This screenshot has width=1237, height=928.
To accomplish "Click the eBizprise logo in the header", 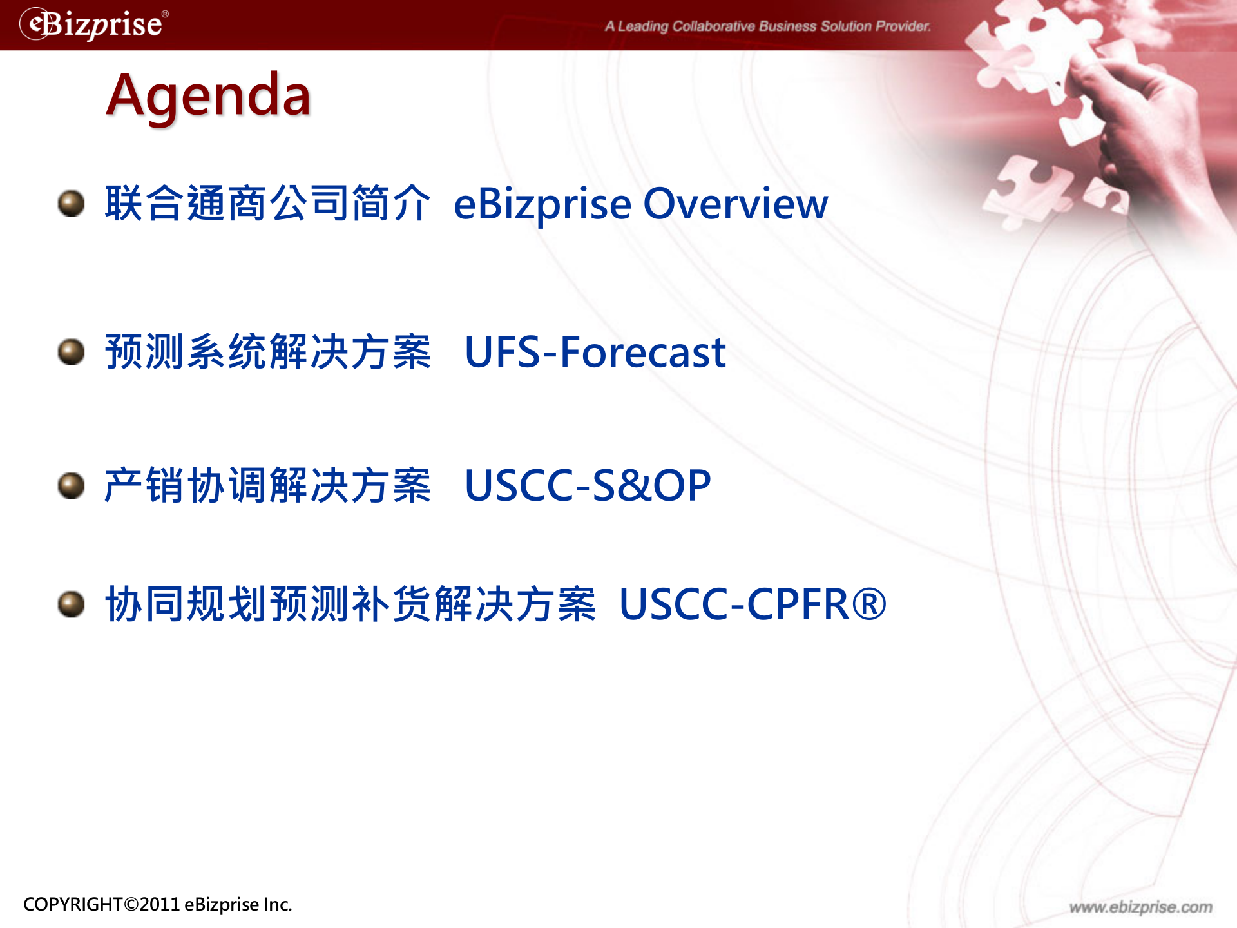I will coord(94,24).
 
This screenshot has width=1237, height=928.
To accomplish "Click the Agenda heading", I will coord(209,95).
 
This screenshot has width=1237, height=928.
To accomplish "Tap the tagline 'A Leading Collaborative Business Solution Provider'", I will coord(767,26).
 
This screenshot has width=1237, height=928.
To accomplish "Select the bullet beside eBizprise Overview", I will coord(71,204).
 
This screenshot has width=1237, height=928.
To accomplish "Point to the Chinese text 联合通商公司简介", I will coord(267,204).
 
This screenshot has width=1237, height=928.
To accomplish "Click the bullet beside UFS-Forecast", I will coord(71,352).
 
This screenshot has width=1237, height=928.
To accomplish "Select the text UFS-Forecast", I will coord(595,353).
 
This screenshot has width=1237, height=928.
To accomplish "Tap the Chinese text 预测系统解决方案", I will coord(267,353).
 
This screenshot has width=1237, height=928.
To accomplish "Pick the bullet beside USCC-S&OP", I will coord(71,485).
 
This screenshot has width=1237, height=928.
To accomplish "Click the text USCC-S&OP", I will coord(587,485).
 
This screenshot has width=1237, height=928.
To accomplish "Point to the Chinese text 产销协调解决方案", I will coord(267,485).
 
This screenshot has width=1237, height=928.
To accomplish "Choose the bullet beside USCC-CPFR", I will coord(71,604).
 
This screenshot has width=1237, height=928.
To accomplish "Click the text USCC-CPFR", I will coord(734,604).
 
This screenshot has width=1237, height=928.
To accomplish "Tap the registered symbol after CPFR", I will coord(869,604).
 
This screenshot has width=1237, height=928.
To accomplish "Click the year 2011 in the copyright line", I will coord(159,904).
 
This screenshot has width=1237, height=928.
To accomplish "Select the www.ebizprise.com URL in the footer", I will coord(1140,907).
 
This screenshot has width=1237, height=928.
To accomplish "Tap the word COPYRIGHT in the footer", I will coord(73,904).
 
